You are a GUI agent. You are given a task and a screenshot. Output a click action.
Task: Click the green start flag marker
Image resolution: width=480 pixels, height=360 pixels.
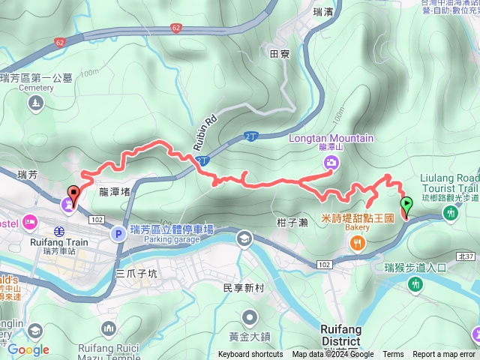tap(406, 203)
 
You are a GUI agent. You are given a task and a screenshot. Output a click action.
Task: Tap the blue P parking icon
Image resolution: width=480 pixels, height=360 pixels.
tap(117, 234)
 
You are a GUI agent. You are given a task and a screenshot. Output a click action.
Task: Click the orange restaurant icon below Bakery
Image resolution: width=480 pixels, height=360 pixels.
tap(357, 241)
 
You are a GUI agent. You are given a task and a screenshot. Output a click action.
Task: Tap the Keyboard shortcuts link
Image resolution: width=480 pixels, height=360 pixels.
tap(250, 355)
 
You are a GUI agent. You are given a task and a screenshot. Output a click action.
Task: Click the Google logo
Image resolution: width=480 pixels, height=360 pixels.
tap(28, 349)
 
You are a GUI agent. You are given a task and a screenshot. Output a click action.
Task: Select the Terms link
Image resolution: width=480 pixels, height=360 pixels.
tap(393, 355)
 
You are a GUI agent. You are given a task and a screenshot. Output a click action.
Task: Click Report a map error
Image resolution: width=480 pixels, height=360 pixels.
tap(444, 355)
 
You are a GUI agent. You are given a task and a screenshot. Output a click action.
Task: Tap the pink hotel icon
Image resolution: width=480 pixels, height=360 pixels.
tap(31, 221)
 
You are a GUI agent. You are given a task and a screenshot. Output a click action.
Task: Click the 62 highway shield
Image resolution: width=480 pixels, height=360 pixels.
tap(176, 28)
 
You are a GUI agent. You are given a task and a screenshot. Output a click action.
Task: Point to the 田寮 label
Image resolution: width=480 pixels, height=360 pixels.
tap(279, 52)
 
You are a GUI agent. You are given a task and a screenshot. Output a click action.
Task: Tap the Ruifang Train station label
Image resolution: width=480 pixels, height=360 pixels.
tap(60, 242)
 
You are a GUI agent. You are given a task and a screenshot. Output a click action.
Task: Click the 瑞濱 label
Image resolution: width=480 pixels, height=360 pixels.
tap(324, 12)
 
